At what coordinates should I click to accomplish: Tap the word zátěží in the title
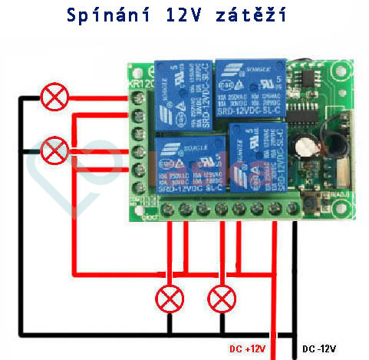[254, 16]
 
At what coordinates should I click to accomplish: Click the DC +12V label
[248, 348]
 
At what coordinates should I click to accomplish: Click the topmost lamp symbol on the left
[54, 97]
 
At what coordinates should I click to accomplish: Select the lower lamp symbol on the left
[54, 149]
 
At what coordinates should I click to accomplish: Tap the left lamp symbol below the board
[168, 297]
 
